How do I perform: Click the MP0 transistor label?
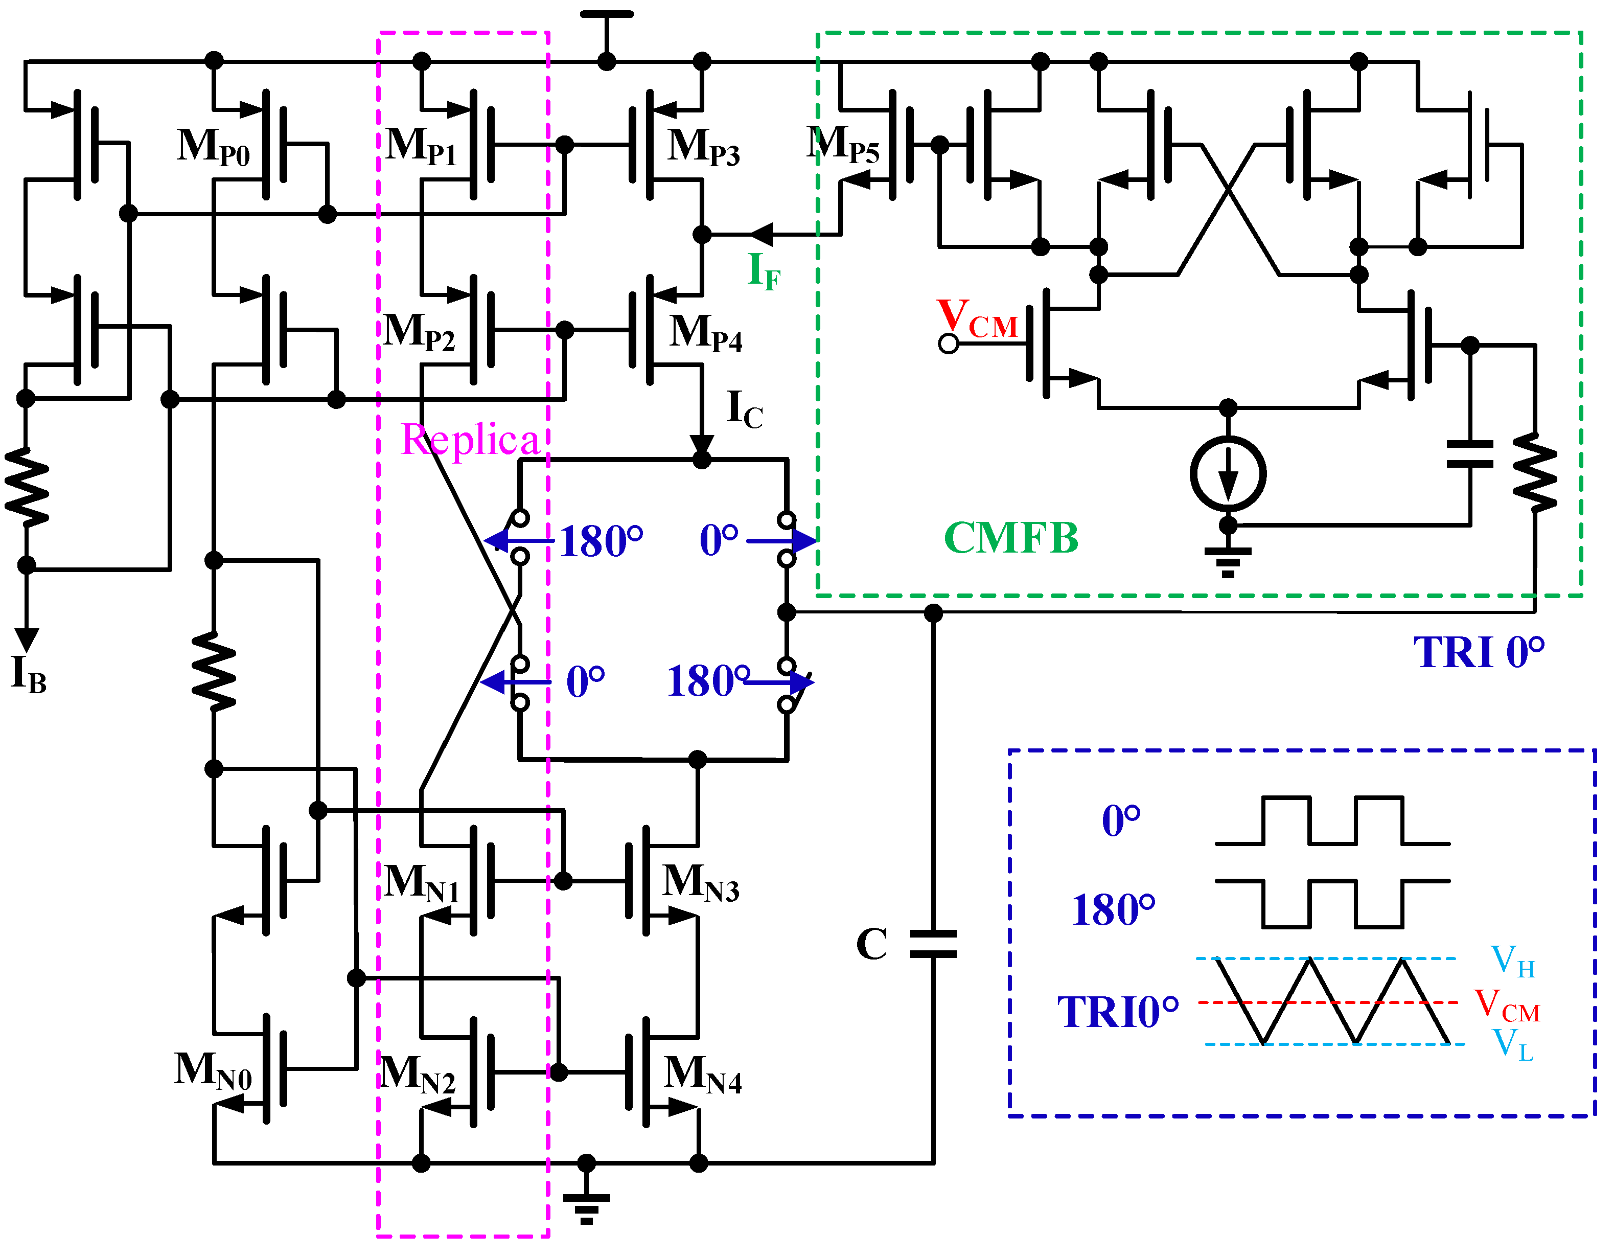point(214,147)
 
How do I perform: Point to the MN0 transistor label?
point(213,1070)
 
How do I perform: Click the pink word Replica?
point(470,441)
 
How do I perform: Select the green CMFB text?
point(1010,538)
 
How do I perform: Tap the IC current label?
point(744,409)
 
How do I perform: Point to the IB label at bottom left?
point(28,674)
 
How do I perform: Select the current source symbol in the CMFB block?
point(1228,474)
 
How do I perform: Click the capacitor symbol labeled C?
point(933,944)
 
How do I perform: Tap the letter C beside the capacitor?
point(871,945)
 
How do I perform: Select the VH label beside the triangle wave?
point(1512,962)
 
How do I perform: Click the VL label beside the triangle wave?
point(1512,1044)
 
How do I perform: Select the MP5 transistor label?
point(842,144)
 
